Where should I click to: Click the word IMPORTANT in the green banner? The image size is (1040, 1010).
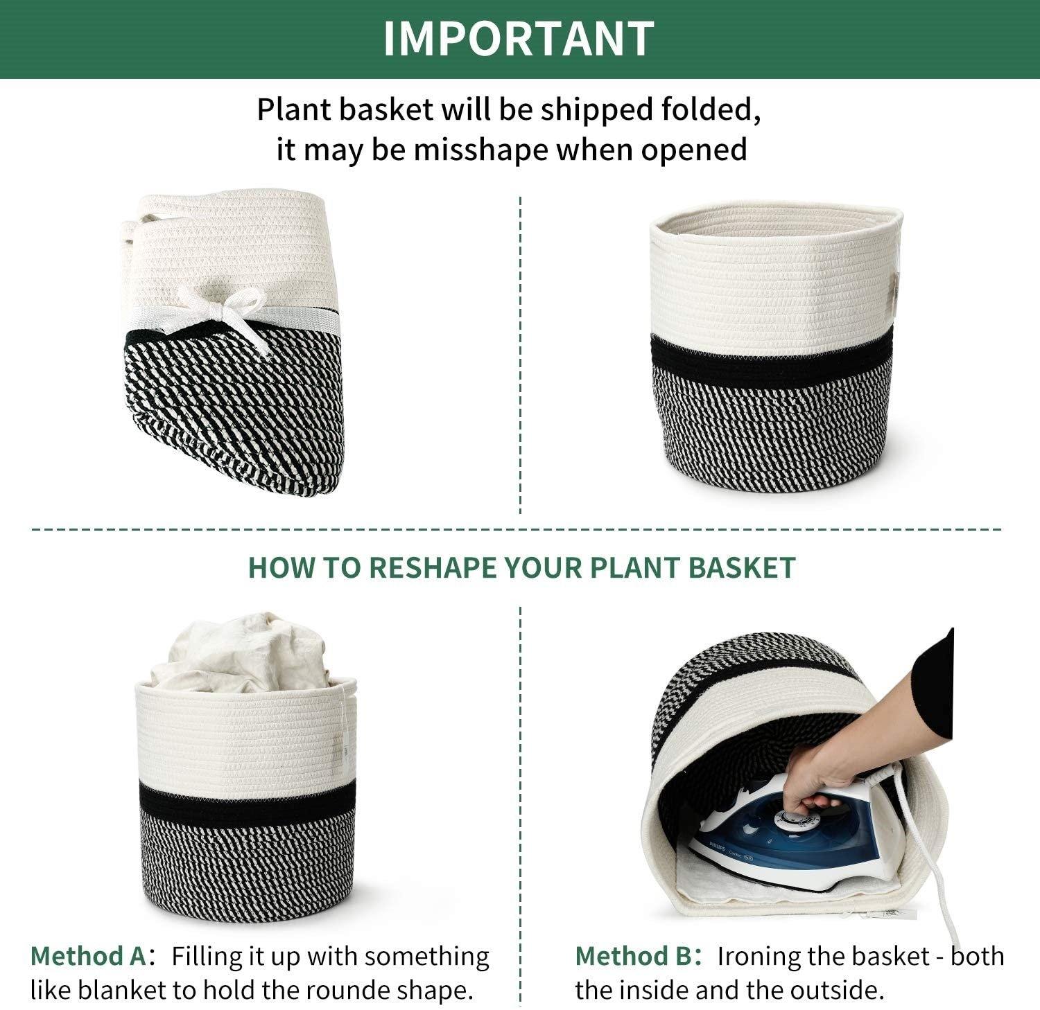click(x=519, y=38)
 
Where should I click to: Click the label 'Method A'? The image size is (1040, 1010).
click(x=87, y=956)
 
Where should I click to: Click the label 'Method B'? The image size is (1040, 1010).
click(x=632, y=956)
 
